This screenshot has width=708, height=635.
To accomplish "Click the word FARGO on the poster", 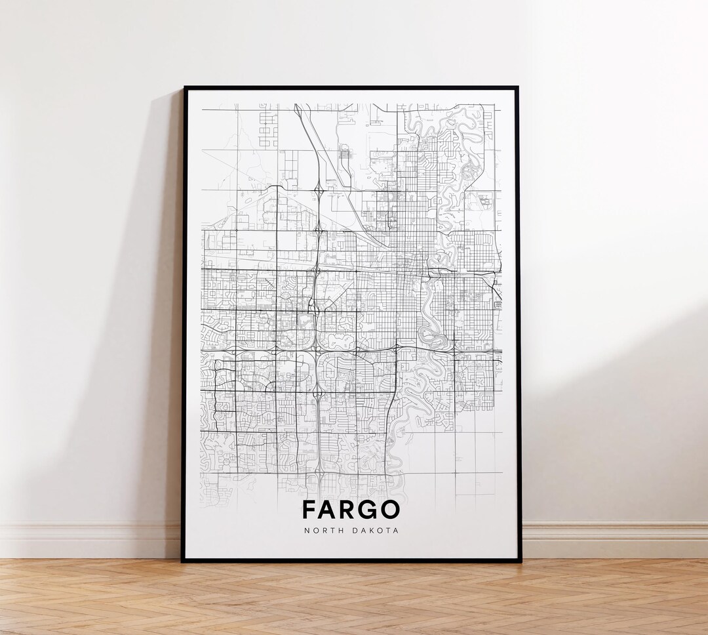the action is pyautogui.click(x=351, y=510).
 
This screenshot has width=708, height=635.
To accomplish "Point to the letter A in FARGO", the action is pyautogui.click(x=328, y=510).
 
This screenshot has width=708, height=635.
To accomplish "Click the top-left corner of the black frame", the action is pyautogui.click(x=184, y=88).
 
